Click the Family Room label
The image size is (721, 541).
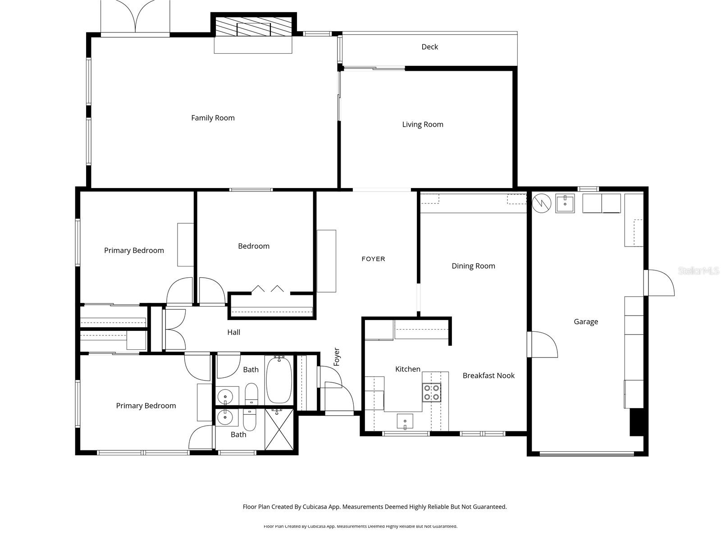213,118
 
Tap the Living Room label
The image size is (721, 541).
422,124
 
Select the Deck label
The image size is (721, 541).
429,47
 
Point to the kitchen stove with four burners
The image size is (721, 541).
432,393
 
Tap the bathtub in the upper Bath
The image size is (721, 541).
279,380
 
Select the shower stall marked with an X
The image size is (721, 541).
278,429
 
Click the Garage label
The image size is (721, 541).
586,322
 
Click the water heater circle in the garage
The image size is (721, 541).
542,203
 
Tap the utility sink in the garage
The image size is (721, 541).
565,203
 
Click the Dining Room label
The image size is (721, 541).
473,266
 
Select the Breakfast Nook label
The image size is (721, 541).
488,376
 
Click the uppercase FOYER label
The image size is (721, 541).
373,259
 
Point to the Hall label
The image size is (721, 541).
233,333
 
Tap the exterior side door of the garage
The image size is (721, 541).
659,283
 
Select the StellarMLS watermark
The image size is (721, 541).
698,271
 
